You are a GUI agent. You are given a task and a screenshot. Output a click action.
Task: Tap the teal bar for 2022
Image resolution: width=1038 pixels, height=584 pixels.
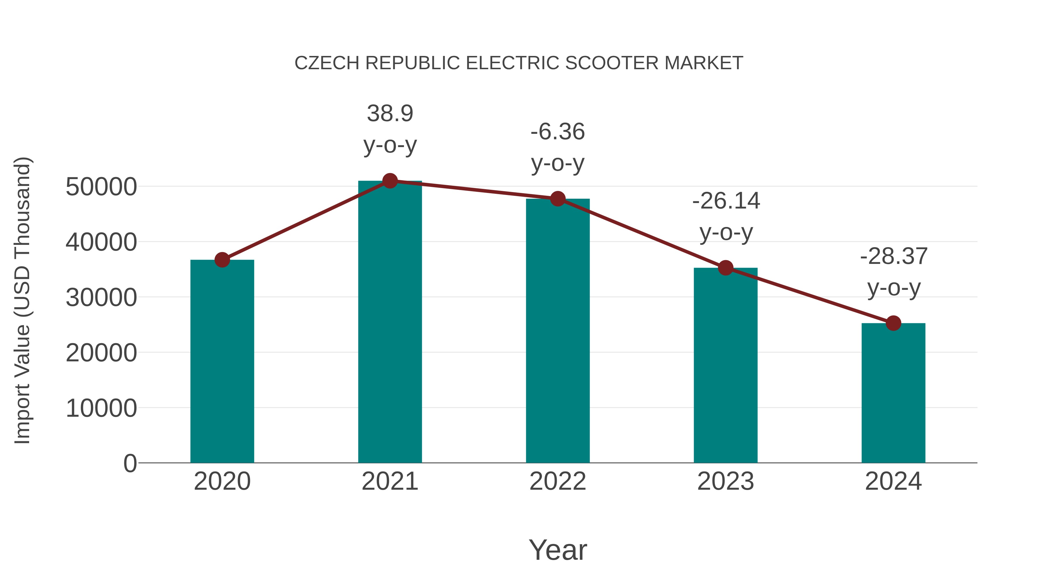pyautogui.click(x=558, y=331)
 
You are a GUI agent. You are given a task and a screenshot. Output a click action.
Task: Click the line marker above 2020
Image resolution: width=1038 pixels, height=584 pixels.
pyautogui.click(x=222, y=260)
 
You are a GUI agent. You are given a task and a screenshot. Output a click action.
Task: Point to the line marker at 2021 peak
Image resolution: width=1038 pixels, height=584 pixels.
pyautogui.click(x=390, y=181)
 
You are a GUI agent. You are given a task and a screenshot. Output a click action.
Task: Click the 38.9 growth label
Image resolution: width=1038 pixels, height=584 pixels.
pyautogui.click(x=390, y=113)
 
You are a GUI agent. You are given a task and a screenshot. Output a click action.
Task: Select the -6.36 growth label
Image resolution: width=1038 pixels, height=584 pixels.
pyautogui.click(x=558, y=132)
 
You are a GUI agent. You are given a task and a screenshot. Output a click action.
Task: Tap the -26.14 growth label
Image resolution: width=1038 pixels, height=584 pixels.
pyautogui.click(x=726, y=201)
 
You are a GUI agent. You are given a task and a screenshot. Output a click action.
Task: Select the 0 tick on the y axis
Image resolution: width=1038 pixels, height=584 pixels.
pyautogui.click(x=130, y=463)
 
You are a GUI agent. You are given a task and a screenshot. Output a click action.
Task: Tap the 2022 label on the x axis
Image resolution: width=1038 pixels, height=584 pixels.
pyautogui.click(x=558, y=481)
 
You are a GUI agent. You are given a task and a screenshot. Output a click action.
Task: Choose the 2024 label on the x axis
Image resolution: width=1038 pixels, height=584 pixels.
pyautogui.click(x=893, y=481)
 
